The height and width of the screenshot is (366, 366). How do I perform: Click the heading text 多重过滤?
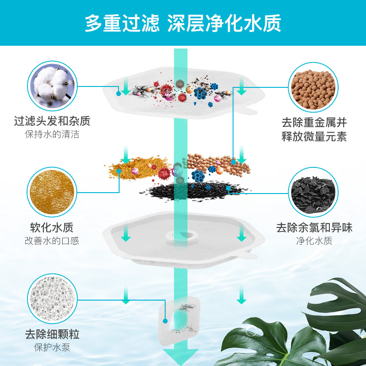tap(122, 23)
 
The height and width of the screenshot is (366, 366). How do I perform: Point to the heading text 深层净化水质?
tap(224, 23)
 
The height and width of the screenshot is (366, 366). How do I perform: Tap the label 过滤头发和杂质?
tap(52, 121)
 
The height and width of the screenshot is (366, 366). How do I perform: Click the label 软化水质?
tap(52, 227)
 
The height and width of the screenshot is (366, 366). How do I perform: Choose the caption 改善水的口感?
tap(52, 241)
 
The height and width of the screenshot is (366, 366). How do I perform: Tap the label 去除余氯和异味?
tap(314, 227)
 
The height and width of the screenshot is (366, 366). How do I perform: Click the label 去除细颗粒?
tap(52, 334)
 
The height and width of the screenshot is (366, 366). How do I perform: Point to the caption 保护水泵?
tap(52, 347)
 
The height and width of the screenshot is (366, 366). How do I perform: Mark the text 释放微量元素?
tap(314, 136)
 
